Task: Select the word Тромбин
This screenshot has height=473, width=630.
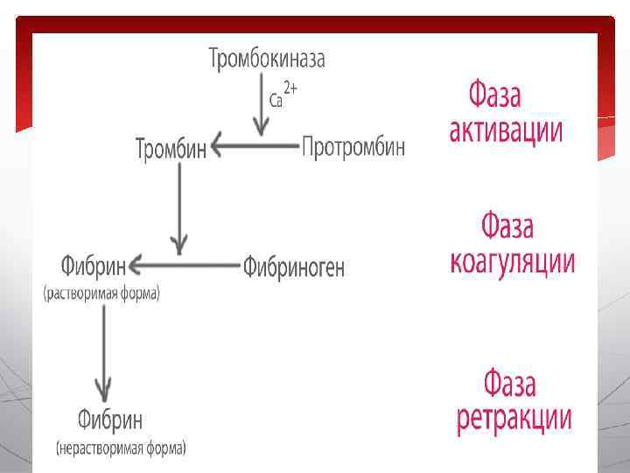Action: [x=171, y=148]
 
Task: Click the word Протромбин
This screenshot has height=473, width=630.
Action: [x=353, y=147]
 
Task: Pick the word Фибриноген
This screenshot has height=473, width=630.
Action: [x=294, y=266]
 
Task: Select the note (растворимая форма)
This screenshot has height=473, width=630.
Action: [x=101, y=294]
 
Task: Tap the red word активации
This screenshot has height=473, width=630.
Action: [x=506, y=131]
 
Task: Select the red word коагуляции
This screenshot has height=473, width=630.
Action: [x=512, y=261]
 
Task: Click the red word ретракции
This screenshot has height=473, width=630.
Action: [x=514, y=418]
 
